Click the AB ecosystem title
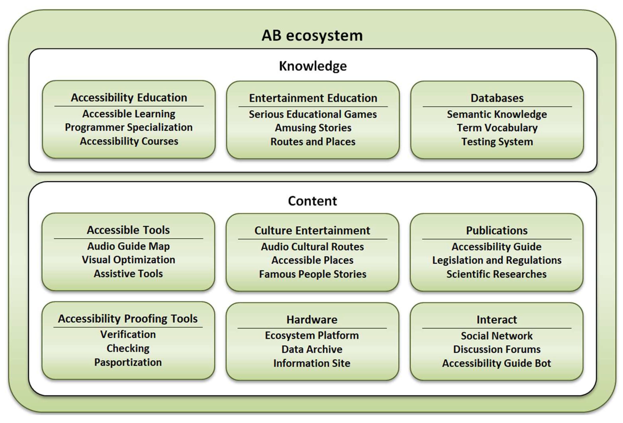tap(312, 36)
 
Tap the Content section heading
tap(312, 201)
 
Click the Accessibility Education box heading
tap(129, 98)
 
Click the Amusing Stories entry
tap(313, 128)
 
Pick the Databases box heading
tap(497, 98)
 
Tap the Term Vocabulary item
tap(497, 128)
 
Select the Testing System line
tap(497, 142)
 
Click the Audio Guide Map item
tap(128, 246)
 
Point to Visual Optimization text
tap(128, 260)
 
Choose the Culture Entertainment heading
tap(312, 231)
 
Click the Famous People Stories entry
tap(312, 274)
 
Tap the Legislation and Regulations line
tap(496, 260)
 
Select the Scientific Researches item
tap(496, 274)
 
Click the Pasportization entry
tap(128, 362)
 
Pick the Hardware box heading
tap(312, 320)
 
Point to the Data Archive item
tap(312, 349)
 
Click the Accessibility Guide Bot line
tap(496, 363)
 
